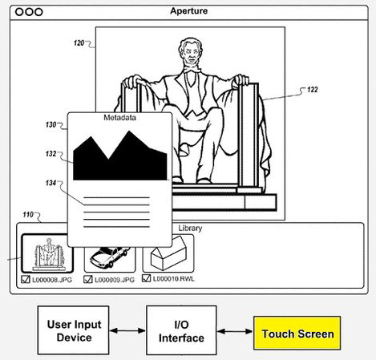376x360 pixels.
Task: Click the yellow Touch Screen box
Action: [x=297, y=333]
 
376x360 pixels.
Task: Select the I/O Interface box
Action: [x=181, y=330]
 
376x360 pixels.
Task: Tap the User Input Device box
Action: [x=73, y=330]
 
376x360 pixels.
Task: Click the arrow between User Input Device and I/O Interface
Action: [x=127, y=330]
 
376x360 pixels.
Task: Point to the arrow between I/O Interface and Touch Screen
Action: [x=235, y=331]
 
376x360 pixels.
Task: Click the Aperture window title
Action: [x=189, y=11]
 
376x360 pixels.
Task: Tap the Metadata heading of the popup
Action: [x=119, y=118]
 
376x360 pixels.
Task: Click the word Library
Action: [x=190, y=228]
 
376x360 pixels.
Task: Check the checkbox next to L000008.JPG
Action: [x=26, y=279]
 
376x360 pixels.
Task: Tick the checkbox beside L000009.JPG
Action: [x=88, y=279]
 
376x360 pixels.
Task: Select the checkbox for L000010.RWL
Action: [x=146, y=278]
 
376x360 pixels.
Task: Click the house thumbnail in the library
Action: [x=168, y=253]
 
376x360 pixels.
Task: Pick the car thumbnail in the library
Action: [x=110, y=258]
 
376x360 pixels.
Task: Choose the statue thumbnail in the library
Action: [x=47, y=253]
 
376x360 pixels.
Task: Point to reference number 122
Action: [x=312, y=90]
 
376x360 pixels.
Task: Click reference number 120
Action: [x=79, y=42]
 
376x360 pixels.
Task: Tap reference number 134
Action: [x=51, y=183]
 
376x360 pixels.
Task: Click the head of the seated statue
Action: [x=191, y=51]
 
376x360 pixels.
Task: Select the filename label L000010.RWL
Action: [x=173, y=279]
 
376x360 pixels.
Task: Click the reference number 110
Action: [x=28, y=214]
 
